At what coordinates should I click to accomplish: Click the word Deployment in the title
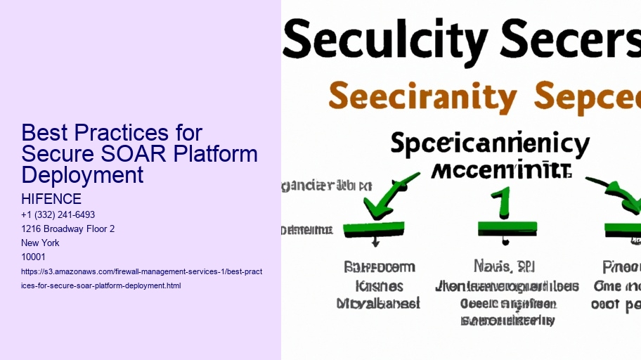point(82,174)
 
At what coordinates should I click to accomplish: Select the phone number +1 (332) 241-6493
point(58,214)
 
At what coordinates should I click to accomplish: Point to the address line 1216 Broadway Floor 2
point(68,229)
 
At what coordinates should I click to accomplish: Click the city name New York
point(41,243)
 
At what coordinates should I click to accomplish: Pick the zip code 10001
point(34,257)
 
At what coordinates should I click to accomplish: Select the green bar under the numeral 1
point(507,228)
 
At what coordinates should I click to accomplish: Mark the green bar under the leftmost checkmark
point(373,228)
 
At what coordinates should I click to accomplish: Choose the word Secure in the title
point(59,154)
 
